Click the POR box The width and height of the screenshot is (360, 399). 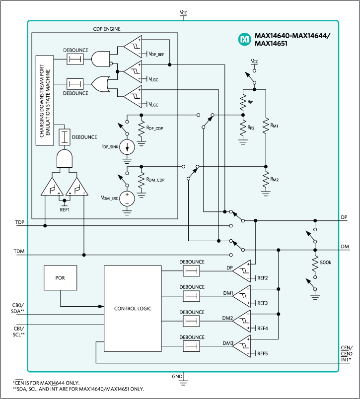click(x=61, y=279)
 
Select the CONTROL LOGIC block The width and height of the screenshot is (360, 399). click(x=133, y=308)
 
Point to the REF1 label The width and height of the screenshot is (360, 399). click(x=64, y=209)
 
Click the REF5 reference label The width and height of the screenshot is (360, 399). click(x=262, y=354)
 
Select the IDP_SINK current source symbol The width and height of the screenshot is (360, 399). click(x=127, y=147)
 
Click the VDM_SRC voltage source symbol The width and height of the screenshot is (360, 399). click(x=127, y=199)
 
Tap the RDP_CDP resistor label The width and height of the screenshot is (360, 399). click(x=154, y=128)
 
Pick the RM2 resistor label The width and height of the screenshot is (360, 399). click(x=274, y=179)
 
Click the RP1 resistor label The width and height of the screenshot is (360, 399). click(x=251, y=102)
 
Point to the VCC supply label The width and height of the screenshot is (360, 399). click(x=254, y=62)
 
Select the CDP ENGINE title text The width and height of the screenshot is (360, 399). click(x=107, y=29)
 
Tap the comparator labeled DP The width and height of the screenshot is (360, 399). click(x=243, y=270)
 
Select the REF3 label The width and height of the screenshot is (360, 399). click(x=262, y=303)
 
